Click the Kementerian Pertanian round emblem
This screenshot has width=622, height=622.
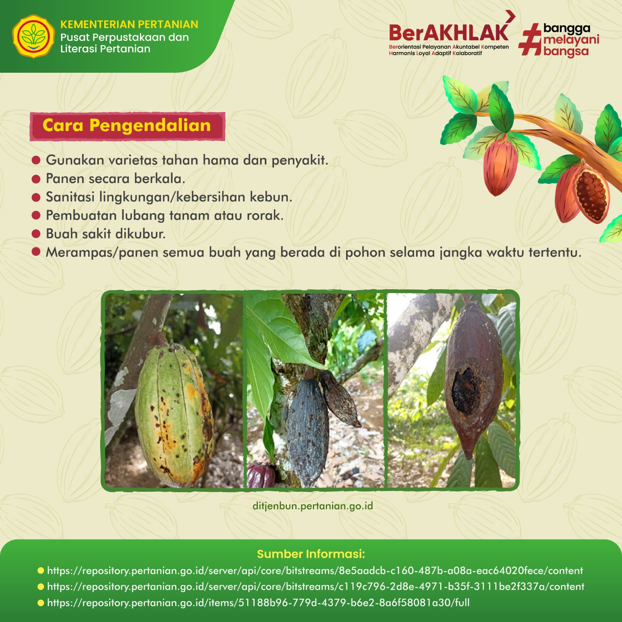tap(33, 37)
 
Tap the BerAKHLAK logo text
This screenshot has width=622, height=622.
tap(449, 33)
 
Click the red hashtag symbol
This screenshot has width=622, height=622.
tap(530, 39)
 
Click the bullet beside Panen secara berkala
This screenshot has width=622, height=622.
tap(36, 179)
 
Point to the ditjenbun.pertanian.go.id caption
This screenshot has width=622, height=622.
tap(313, 506)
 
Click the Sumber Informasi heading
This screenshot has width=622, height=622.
tap(311, 554)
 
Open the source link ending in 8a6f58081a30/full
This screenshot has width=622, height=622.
tap(258, 603)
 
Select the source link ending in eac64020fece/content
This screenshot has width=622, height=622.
tap(315, 571)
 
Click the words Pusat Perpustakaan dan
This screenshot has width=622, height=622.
tap(124, 37)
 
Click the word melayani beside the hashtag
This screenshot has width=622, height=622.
tap(571, 40)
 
